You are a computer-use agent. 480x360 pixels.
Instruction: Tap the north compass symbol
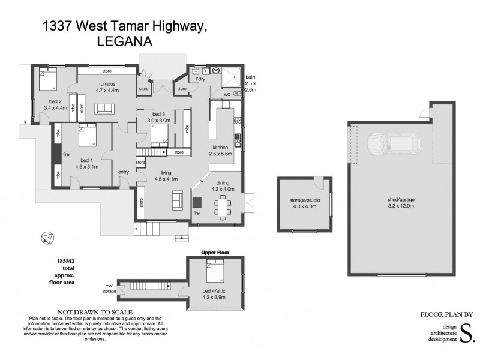point(45,238)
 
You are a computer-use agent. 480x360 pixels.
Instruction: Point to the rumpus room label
point(108,84)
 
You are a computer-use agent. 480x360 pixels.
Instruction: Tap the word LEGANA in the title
point(124,42)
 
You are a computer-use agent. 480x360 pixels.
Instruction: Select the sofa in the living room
point(178,200)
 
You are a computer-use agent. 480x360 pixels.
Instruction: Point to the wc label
point(227,94)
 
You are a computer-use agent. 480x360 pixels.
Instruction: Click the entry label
point(124,172)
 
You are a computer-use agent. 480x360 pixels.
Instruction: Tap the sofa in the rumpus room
point(106,108)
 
